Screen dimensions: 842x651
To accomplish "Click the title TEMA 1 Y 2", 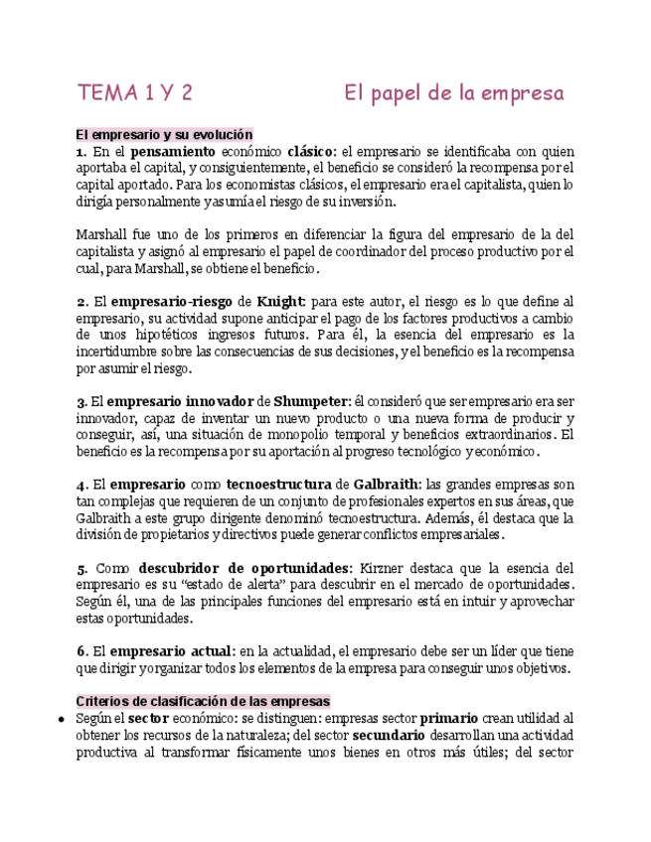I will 134,93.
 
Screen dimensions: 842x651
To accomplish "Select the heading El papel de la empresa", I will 454,93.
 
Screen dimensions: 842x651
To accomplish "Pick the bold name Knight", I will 281,301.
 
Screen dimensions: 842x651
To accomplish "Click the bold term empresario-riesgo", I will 172,301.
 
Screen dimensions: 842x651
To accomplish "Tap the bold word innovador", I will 219,401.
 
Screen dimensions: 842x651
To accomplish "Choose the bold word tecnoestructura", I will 276,485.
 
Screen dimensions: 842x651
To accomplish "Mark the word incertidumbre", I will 125,351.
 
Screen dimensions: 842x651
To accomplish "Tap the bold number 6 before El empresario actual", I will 81,651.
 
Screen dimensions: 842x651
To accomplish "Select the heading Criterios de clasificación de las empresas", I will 204,701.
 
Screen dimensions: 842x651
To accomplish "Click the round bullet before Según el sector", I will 62,718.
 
